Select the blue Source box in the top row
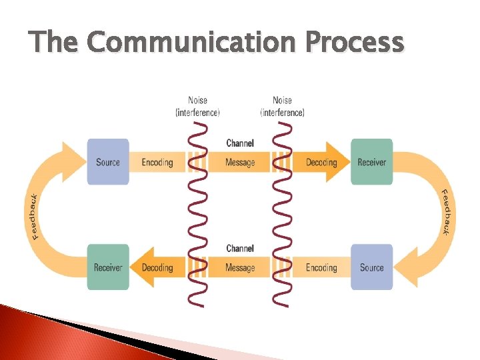point(108,162)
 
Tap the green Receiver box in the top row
point(372,162)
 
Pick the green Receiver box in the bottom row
point(108,267)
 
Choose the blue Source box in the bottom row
point(372,267)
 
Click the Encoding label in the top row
point(157,162)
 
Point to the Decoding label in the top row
point(321,162)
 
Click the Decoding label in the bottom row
point(157,267)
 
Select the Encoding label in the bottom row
point(321,267)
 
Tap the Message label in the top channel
point(240,162)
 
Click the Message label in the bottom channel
point(240,267)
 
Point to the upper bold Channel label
point(240,143)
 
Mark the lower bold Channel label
point(240,249)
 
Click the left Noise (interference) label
point(197,107)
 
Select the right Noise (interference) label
point(282,107)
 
